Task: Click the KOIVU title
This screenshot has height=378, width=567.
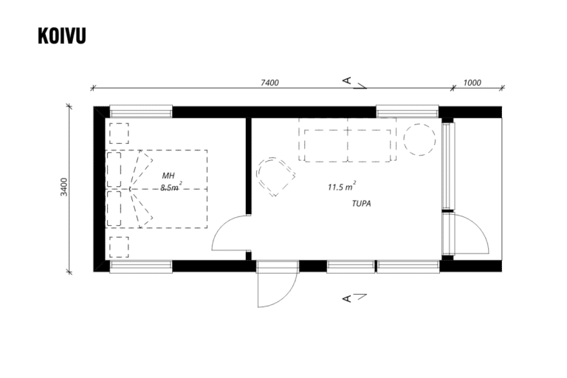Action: pyautogui.click(x=62, y=36)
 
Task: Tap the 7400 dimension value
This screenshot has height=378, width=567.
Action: pyautogui.click(x=269, y=83)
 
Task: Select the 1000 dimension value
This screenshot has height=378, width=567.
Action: pyautogui.click(x=472, y=83)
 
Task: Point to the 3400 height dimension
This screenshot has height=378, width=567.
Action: pyautogui.click(x=64, y=187)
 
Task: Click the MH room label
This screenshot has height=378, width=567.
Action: pyautogui.click(x=168, y=176)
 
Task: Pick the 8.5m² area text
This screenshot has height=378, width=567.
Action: pyautogui.click(x=171, y=187)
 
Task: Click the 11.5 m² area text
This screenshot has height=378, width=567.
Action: pyautogui.click(x=342, y=187)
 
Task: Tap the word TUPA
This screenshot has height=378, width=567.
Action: pyautogui.click(x=361, y=204)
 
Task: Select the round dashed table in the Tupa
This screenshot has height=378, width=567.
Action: pyautogui.click(x=419, y=140)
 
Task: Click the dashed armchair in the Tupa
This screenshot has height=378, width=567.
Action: pyautogui.click(x=275, y=176)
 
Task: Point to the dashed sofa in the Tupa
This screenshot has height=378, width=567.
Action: pyautogui.click(x=348, y=140)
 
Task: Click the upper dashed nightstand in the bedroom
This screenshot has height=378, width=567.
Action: pyautogui.click(x=119, y=134)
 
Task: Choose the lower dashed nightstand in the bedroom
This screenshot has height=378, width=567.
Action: pyautogui.click(x=119, y=247)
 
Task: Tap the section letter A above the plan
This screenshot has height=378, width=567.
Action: pyautogui.click(x=347, y=80)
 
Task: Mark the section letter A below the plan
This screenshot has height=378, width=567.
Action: pyautogui.click(x=347, y=298)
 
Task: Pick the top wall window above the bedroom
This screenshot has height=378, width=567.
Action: pyautogui.click(x=141, y=111)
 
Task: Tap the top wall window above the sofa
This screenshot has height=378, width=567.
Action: pyautogui.click(x=408, y=111)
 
